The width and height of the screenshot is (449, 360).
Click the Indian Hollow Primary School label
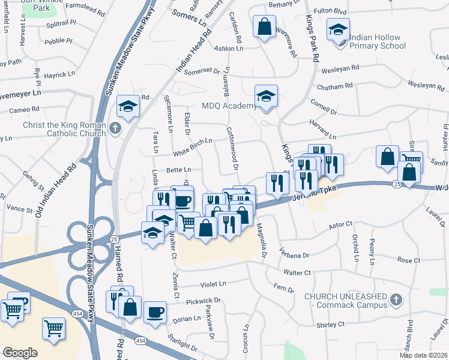click(x=376, y=41)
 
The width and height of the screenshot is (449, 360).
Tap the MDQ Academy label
click(x=229, y=106)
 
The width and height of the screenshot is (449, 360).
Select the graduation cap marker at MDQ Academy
click(x=265, y=95)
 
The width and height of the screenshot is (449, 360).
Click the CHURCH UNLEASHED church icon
click(x=396, y=299)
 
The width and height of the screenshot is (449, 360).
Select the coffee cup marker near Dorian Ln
click(x=155, y=312)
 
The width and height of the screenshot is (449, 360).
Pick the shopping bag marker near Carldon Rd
click(x=264, y=26)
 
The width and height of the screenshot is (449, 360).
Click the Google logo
click(x=20, y=353)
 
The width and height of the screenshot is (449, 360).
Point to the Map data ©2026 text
click(x=423, y=355)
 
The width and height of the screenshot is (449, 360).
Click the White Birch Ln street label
click(x=193, y=142)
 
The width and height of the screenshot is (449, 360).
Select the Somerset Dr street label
click(x=191, y=71)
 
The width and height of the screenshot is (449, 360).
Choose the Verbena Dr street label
click(x=297, y=254)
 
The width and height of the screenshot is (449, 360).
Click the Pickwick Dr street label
click(x=203, y=300)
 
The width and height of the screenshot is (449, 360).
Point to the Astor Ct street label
click(x=340, y=225)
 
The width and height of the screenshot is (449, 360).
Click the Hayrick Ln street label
click(x=58, y=75)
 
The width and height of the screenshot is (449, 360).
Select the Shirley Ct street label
click(x=331, y=324)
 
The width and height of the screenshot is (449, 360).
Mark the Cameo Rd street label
click(x=24, y=109)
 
